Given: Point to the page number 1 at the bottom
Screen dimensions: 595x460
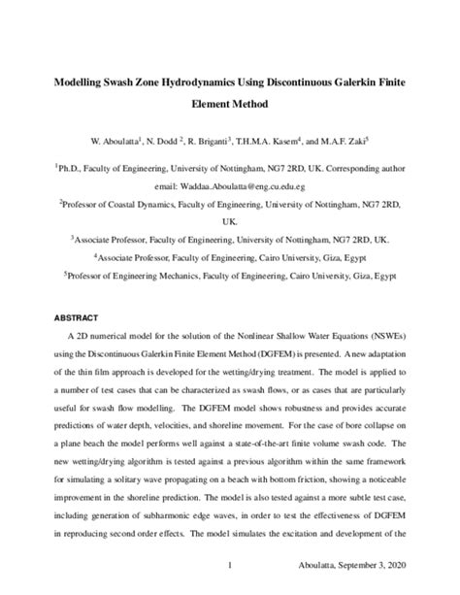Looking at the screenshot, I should tap(229, 565).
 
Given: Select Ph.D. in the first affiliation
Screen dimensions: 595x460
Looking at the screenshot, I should tap(76, 169).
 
